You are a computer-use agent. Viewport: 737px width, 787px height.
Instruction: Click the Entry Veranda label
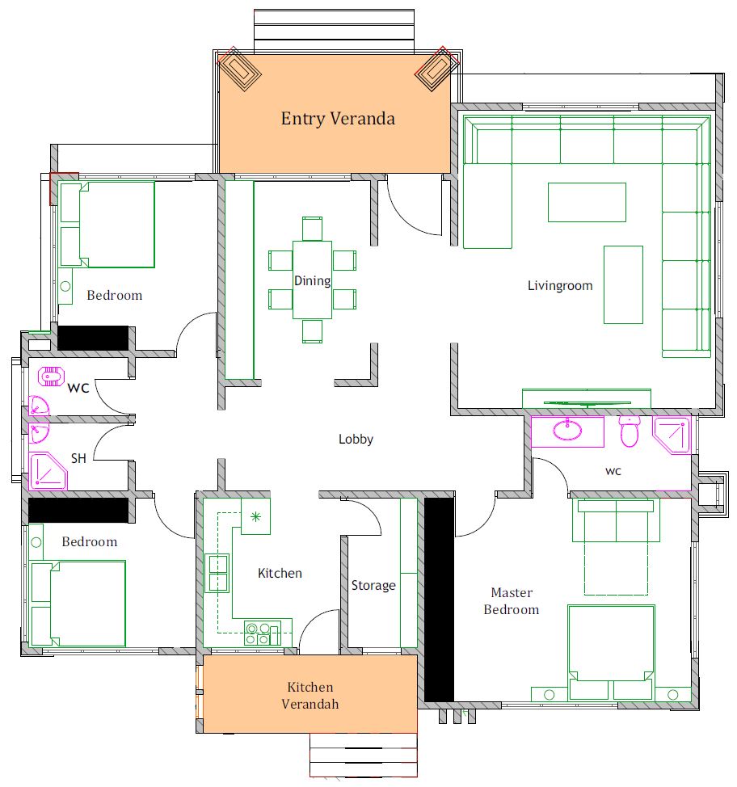pos(338,119)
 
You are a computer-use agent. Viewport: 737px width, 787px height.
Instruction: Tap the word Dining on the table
pos(312,280)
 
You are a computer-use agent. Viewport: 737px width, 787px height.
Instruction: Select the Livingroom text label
pos(560,286)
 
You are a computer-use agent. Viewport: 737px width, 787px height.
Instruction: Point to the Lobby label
pos(356,440)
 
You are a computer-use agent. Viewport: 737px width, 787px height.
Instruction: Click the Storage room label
pos(373,585)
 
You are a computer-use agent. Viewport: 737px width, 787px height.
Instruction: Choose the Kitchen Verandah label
pos(310,695)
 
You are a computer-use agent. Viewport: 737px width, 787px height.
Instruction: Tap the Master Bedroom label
pos(511,601)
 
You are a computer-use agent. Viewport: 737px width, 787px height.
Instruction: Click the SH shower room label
pos(78,458)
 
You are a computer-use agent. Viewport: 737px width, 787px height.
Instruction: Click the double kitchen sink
pos(217,573)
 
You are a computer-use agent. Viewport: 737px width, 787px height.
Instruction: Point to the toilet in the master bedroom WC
pos(629,431)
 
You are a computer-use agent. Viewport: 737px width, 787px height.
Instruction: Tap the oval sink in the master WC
pos(567,430)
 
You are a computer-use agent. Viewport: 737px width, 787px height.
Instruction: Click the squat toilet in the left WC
pos(51,376)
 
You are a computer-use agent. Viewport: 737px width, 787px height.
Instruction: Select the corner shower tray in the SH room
pos(47,471)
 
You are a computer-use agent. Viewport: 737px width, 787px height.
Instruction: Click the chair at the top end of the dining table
pos(312,229)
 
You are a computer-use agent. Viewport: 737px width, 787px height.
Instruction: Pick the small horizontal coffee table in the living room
pos(587,202)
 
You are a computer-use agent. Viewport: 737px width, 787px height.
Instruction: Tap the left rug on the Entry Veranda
pos(240,69)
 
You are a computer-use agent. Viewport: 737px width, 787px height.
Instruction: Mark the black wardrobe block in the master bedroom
pos(440,600)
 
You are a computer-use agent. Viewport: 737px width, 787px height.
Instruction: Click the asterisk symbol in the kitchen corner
pos(255,516)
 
